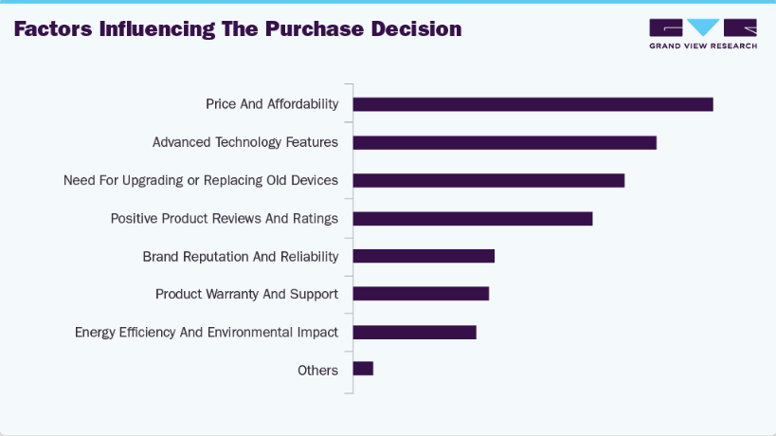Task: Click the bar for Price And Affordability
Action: click(532, 104)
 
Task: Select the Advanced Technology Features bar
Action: click(504, 142)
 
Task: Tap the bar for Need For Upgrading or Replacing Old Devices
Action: click(488, 180)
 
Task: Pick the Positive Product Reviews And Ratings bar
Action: click(472, 218)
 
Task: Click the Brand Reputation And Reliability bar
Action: click(424, 256)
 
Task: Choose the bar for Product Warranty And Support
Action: click(421, 294)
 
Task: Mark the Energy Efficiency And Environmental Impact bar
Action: click(414, 332)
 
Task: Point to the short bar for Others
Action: click(363, 369)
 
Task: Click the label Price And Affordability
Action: click(272, 104)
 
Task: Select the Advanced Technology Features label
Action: click(245, 142)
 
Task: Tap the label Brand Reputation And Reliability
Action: click(241, 256)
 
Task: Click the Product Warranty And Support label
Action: click(246, 294)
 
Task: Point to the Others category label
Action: click(317, 370)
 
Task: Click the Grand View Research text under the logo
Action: click(703, 45)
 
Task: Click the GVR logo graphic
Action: click(703, 27)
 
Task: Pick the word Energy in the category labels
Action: click(96, 332)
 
